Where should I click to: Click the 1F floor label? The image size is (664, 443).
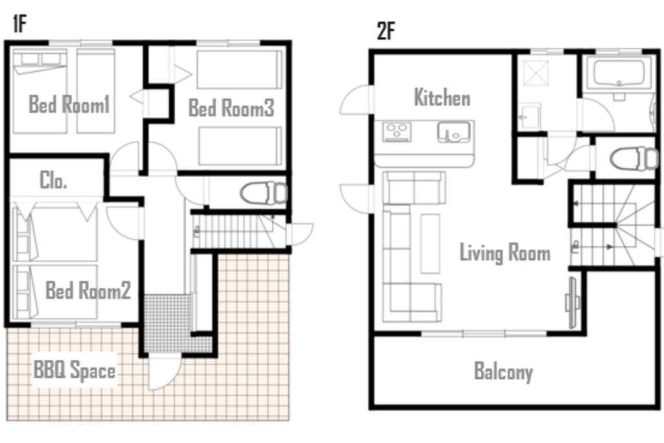coord(19,23)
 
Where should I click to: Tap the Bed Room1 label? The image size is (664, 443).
coord(69,104)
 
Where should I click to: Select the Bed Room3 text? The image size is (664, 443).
coord(231,108)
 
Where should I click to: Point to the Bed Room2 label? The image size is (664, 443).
coord(88,290)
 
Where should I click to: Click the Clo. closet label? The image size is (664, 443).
coord(53,180)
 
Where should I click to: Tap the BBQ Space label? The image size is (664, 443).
coord(75,370)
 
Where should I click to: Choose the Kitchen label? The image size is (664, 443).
coord(442,97)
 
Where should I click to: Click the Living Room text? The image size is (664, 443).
coord(505,252)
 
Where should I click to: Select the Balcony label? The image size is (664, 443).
coord(503,372)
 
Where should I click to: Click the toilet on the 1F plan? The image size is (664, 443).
coord(263,193)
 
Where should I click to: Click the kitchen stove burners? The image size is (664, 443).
coord(397,131)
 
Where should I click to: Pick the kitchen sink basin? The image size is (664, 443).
coord(453,132)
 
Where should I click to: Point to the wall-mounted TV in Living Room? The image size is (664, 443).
coord(572,302)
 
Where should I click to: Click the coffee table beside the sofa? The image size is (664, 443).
coord(431,243)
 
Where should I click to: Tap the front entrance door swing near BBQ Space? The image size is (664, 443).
coord(163,373)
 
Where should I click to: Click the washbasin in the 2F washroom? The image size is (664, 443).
coord(529,116)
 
